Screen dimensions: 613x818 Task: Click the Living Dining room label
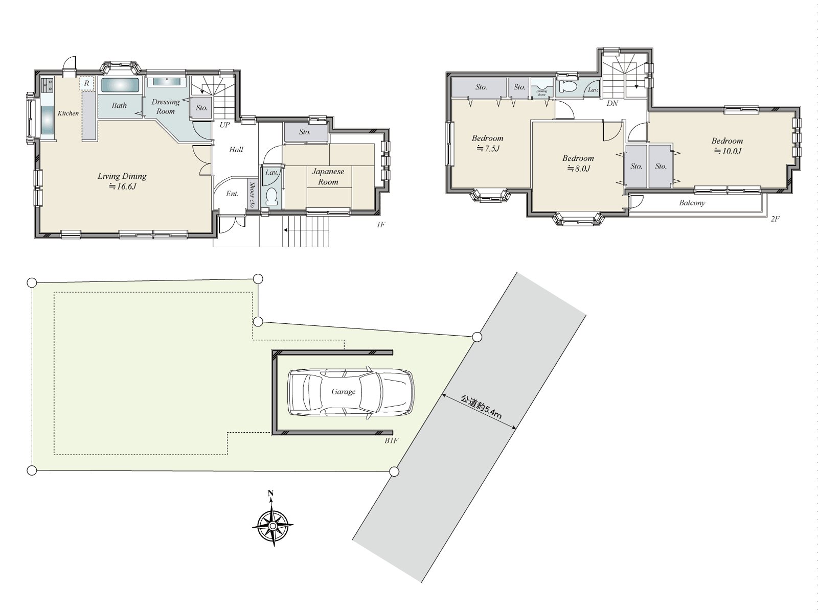pos(122,181)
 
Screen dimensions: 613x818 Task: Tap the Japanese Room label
pos(328,177)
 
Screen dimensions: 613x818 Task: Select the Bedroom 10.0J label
pos(727,146)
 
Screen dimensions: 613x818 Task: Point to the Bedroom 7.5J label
pos(487,143)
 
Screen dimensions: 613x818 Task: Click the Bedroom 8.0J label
pos(578,163)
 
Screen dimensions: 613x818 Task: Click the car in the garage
pos(351,392)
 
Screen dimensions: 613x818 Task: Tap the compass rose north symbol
pos(271,493)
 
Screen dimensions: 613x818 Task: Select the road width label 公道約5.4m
pos(481,407)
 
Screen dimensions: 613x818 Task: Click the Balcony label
pos(692,203)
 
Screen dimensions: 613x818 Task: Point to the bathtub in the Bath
pos(120,85)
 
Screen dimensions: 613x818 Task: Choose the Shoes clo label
pos(253,195)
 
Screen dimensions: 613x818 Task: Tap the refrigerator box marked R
pos(87,83)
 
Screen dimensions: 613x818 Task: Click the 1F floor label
pos(380,224)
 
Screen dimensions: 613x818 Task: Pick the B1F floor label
pos(391,440)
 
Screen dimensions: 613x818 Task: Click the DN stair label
pos(612,103)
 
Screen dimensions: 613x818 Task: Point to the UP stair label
pos(224,125)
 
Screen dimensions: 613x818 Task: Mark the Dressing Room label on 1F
pos(166,106)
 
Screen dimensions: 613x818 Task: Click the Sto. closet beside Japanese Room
pos(305,132)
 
